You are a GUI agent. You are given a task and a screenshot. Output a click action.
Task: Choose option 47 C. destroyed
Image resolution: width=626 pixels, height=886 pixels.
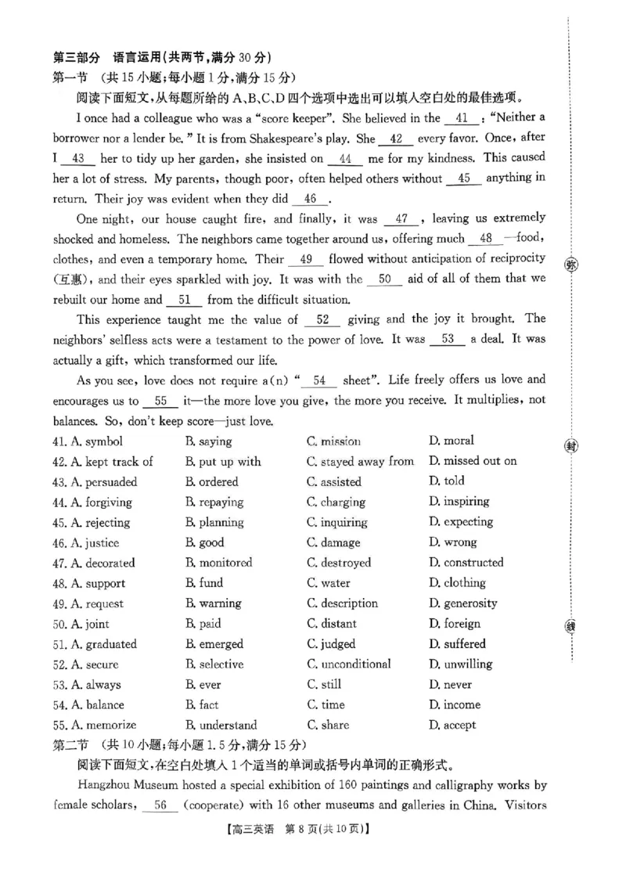(x=339, y=563)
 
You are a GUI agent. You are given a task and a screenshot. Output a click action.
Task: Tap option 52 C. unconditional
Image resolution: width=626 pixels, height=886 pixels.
(x=349, y=664)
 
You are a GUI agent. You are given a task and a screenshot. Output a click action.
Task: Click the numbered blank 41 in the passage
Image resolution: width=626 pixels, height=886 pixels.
(x=462, y=119)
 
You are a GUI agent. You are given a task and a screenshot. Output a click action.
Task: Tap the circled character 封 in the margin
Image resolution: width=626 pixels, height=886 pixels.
(x=571, y=445)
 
